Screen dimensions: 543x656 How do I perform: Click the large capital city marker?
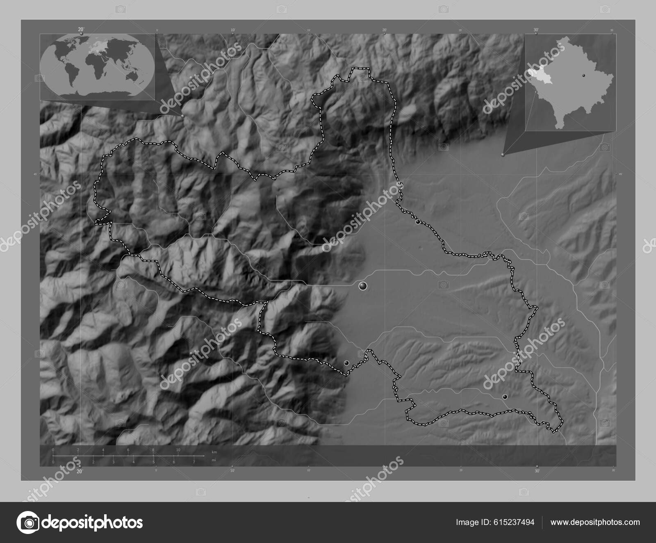pyautogui.click(x=362, y=286)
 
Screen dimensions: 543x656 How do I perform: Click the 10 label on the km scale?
pyautogui.click(x=178, y=450)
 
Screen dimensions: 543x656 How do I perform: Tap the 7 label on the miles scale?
pyautogui.click(x=194, y=462)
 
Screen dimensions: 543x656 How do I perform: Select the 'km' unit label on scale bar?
pyautogui.click(x=214, y=452)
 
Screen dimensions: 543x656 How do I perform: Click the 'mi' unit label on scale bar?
pyautogui.click(x=214, y=460)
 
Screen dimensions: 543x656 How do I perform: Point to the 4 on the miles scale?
pyautogui.click(x=133, y=462)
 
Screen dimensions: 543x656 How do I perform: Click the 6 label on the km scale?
pyautogui.click(x=128, y=450)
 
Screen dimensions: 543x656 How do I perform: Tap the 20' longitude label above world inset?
pyautogui.click(x=81, y=29)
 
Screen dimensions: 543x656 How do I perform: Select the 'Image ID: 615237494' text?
pyautogui.click(x=495, y=522)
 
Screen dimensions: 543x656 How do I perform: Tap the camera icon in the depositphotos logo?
pyautogui.click(x=29, y=522)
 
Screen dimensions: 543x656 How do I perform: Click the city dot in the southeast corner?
pyautogui.click(x=505, y=397)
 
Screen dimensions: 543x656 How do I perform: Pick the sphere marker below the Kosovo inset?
pyautogui.click(x=503, y=155)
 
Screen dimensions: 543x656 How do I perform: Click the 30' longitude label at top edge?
pyautogui.click(x=536, y=30)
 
